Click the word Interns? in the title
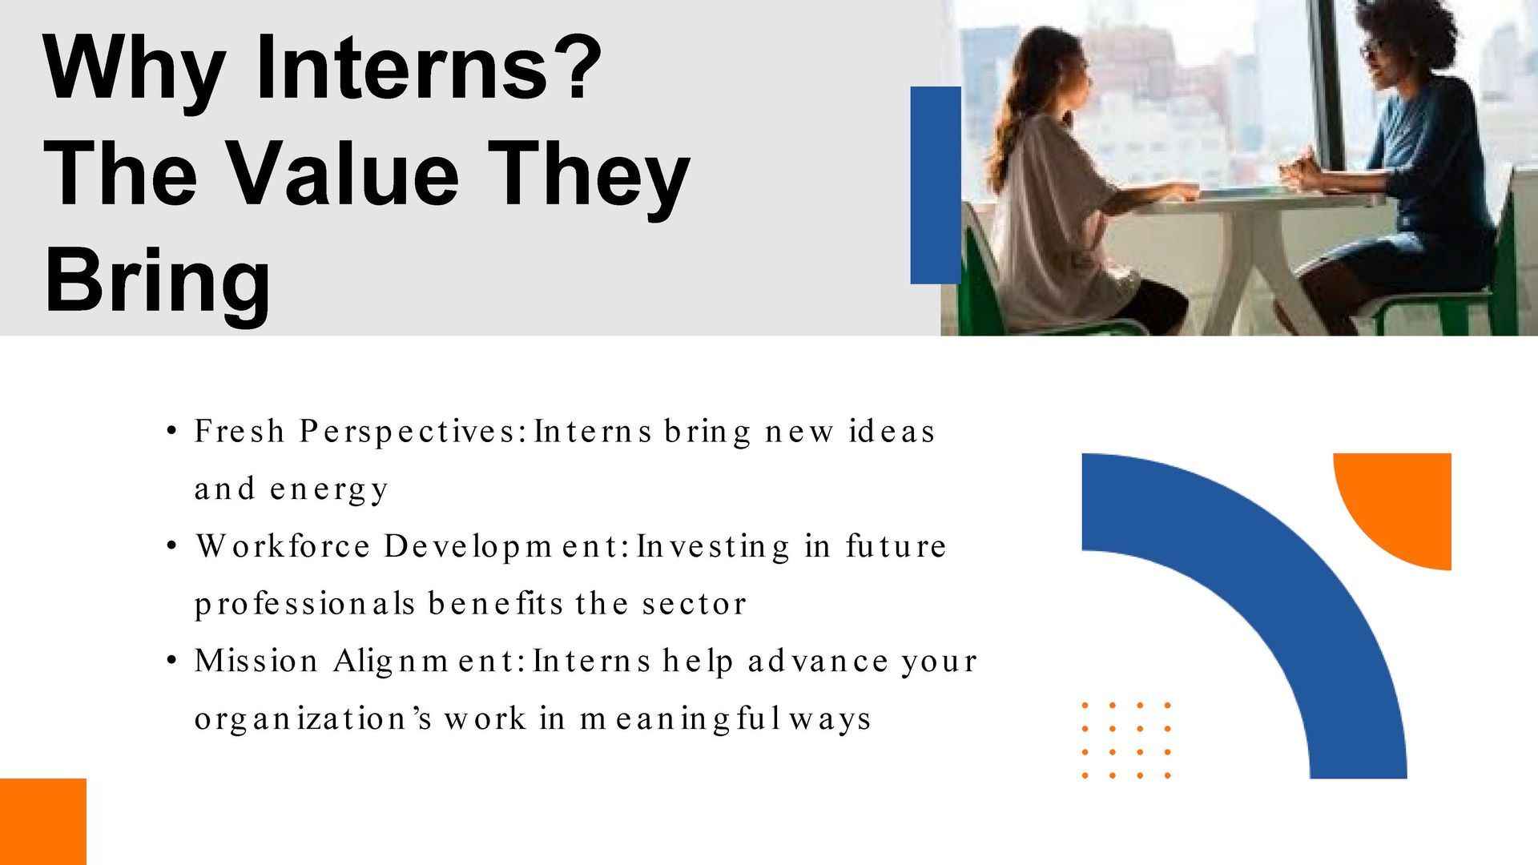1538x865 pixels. click(428, 66)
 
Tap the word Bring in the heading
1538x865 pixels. click(158, 282)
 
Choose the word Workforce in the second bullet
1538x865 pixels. click(284, 546)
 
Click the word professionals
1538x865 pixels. click(305, 605)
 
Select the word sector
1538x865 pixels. click(695, 605)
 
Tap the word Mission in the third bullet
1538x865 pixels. click(257, 661)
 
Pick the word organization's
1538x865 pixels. click(315, 719)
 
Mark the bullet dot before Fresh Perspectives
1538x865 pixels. click(171, 432)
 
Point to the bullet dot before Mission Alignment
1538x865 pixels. click(171, 662)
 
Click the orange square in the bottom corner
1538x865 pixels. click(42, 822)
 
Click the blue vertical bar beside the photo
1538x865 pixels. click(936, 185)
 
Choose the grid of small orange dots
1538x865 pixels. click(1126, 740)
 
